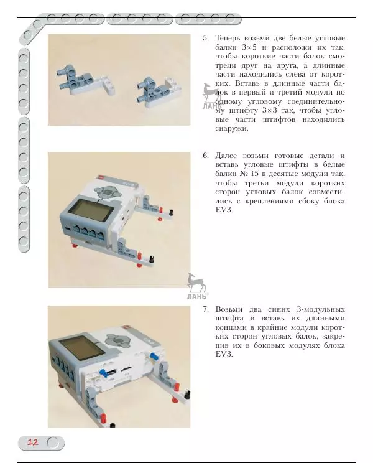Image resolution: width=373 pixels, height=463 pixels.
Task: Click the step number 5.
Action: [x=205, y=39]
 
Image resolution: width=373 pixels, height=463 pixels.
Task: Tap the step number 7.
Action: [x=205, y=309]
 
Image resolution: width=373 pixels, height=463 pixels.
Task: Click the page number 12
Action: [x=33, y=442]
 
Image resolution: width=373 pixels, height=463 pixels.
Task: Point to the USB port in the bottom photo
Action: [x=109, y=372]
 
